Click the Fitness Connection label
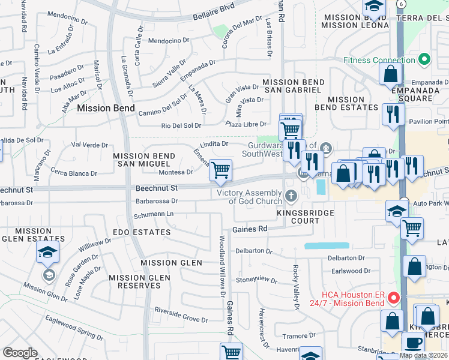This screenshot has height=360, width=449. (x=379, y=60)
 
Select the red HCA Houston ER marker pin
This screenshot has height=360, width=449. (x=393, y=297)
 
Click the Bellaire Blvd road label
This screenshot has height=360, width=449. (x=214, y=11)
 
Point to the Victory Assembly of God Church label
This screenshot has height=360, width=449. (x=249, y=197)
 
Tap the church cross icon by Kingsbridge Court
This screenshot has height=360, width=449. (x=291, y=195)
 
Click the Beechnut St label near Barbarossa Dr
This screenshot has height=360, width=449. (x=157, y=188)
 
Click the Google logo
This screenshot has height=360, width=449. (x=20, y=353)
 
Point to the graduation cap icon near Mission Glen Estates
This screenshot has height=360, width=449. (x=48, y=253)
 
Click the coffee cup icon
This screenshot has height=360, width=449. (x=413, y=343)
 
